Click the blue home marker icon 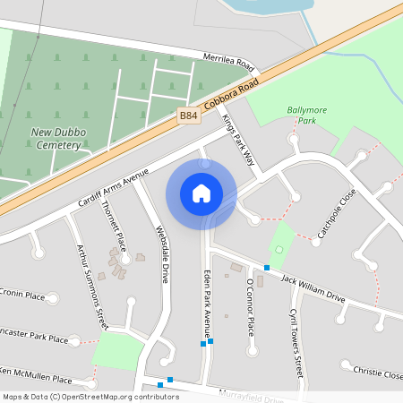(x=201, y=193)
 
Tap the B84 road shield (x=188, y=116)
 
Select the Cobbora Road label (x=230, y=93)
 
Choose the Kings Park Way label (x=239, y=141)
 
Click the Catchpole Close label (x=337, y=215)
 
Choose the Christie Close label (x=377, y=372)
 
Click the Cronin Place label (x=22, y=295)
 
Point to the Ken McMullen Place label (x=35, y=374)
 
